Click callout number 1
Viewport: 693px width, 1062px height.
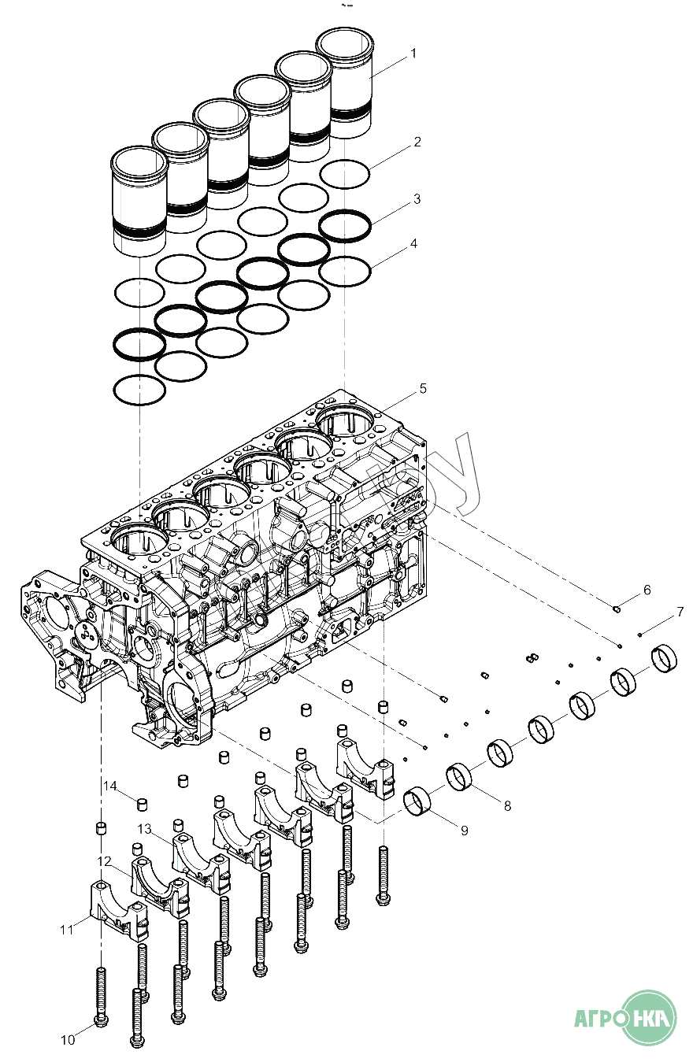pyautogui.click(x=413, y=54)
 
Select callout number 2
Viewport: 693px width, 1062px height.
pyautogui.click(x=417, y=142)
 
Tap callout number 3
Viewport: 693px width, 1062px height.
pyautogui.click(x=417, y=199)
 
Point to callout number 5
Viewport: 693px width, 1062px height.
pyautogui.click(x=423, y=388)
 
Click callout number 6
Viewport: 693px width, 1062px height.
pyautogui.click(x=647, y=590)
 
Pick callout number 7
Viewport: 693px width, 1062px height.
pyautogui.click(x=680, y=611)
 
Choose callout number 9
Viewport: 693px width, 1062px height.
pyautogui.click(x=464, y=831)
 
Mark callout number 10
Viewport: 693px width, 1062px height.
pyautogui.click(x=68, y=1040)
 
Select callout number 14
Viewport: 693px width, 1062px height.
pyautogui.click(x=109, y=786)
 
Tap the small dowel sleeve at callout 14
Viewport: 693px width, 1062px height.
pyautogui.click(x=143, y=803)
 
